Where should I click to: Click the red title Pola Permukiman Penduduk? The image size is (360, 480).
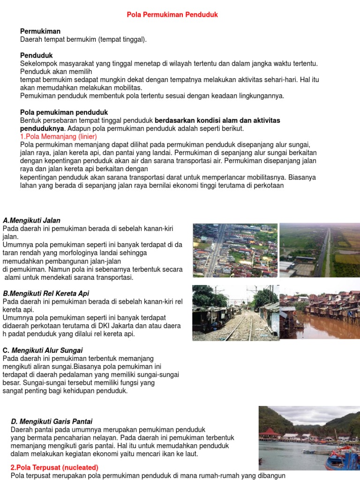click(x=172, y=15)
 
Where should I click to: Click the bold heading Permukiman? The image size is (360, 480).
click(x=40, y=31)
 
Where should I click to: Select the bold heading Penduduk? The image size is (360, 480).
click(x=37, y=55)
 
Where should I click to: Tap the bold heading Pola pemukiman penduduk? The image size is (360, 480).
click(x=64, y=112)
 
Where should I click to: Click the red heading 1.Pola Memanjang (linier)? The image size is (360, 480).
click(x=58, y=136)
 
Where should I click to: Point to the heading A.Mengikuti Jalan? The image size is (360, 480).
click(x=31, y=220)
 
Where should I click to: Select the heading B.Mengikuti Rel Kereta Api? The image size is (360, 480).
click(x=46, y=293)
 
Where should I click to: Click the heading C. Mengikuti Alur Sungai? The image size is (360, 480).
click(x=43, y=350)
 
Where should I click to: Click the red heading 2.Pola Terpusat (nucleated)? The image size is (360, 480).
click(x=54, y=467)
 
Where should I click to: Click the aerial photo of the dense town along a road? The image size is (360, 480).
click(x=235, y=250)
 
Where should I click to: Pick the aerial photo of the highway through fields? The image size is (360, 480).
click(x=320, y=250)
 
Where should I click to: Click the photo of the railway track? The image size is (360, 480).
click(x=235, y=313)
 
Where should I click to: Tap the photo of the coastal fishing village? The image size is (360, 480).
click(x=309, y=438)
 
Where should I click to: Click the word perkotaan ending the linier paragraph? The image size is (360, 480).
click(x=269, y=185)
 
